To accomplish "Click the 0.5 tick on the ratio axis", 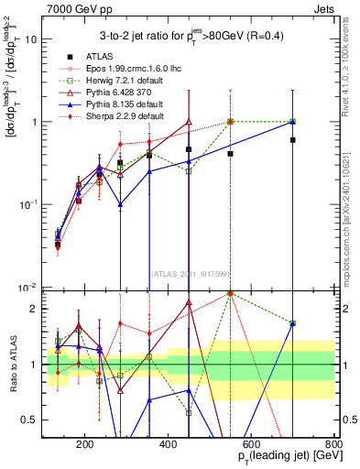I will coord(32,419).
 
